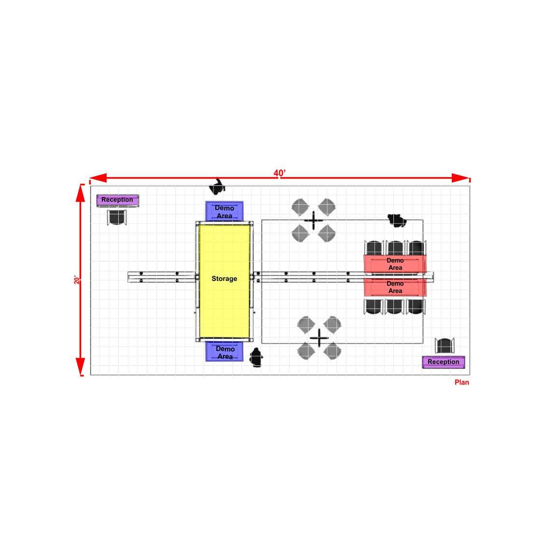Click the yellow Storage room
(x=224, y=281)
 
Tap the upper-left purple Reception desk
(x=118, y=200)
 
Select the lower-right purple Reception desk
(x=444, y=362)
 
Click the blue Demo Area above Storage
(x=224, y=211)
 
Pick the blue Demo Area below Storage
(x=224, y=351)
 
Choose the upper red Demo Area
(x=395, y=265)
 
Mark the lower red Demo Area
(x=395, y=287)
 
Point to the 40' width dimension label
(x=279, y=173)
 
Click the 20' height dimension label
(x=77, y=279)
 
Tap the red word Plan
(x=462, y=382)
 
